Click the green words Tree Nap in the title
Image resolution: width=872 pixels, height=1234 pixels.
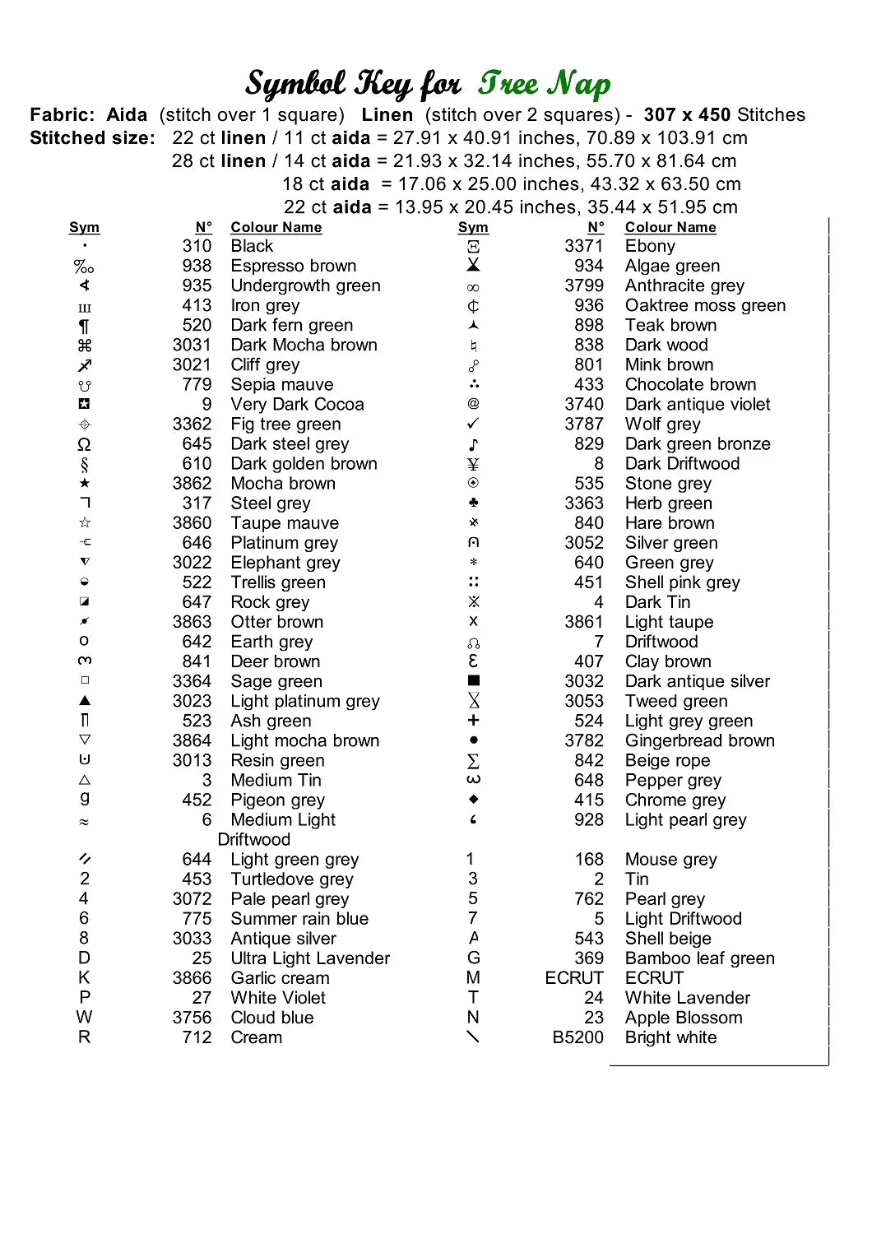(545, 84)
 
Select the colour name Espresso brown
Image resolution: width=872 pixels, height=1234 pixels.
(294, 266)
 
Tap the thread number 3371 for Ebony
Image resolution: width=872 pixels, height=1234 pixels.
(584, 246)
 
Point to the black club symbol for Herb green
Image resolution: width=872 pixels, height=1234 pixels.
(473, 503)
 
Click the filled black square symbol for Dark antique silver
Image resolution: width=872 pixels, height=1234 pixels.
(473, 680)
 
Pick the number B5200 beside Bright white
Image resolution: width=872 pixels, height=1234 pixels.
(578, 1037)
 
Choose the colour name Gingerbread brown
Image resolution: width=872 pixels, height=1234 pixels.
(700, 740)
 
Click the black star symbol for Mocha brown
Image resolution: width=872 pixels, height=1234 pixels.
(85, 483)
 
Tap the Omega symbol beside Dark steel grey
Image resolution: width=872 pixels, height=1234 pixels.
(84, 444)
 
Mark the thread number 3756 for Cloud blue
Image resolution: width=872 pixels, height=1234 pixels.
(192, 1018)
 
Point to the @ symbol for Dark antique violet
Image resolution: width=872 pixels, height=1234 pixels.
(473, 404)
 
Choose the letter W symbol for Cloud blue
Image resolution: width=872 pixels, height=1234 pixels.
(84, 1018)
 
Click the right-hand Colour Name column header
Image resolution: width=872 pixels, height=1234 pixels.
(670, 227)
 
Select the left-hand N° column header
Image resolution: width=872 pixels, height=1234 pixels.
(203, 227)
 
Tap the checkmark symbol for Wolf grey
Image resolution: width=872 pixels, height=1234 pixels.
(473, 424)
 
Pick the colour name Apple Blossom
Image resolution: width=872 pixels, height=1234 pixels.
(684, 1018)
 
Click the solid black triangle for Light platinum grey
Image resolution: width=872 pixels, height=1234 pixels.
(85, 701)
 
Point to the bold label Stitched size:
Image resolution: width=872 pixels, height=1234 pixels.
(92, 138)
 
